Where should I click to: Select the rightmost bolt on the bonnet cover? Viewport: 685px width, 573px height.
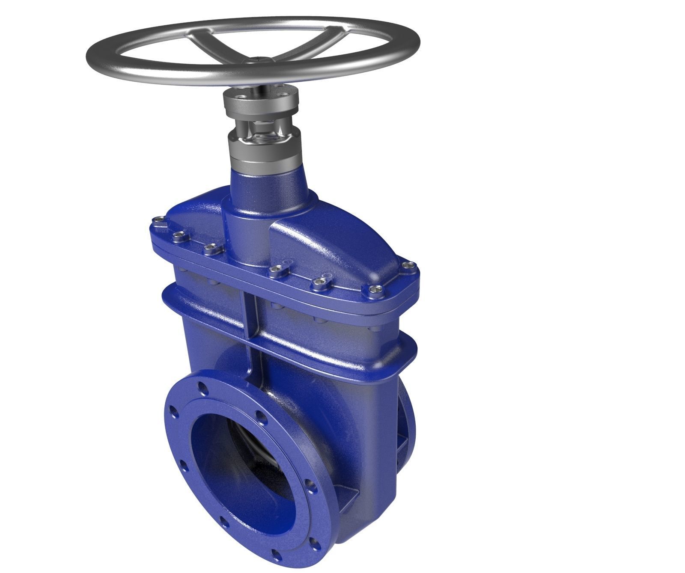pyautogui.click(x=409, y=267)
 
